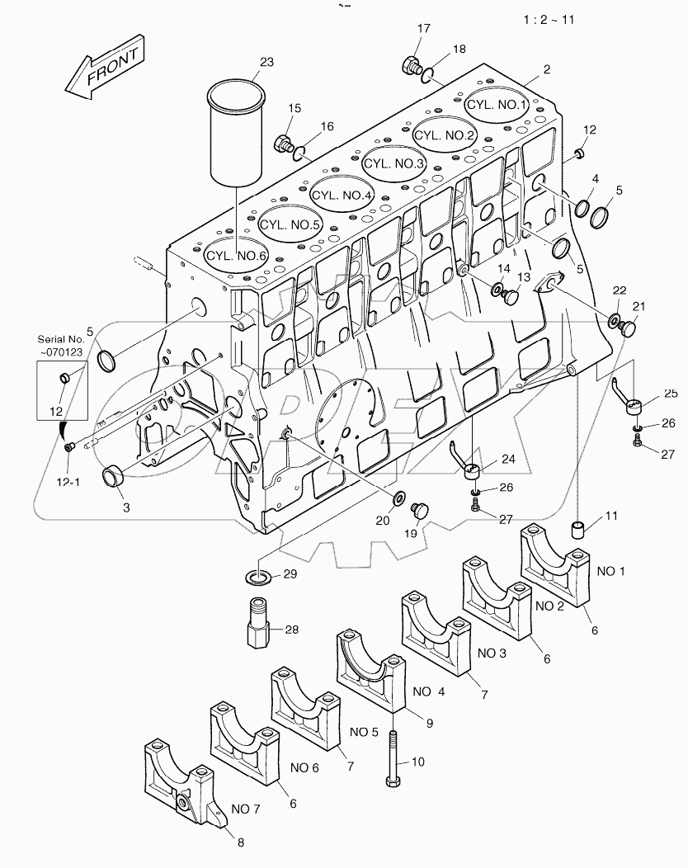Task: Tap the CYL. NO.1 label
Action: [x=497, y=105]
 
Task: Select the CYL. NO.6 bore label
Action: [x=236, y=256]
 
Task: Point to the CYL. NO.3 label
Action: [x=393, y=164]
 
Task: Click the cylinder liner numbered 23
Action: [x=236, y=132]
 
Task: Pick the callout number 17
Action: [x=423, y=29]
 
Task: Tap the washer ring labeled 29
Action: [x=258, y=575]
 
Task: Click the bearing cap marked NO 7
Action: [x=183, y=780]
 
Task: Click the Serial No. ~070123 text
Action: [x=62, y=344]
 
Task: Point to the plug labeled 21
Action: [x=629, y=328]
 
